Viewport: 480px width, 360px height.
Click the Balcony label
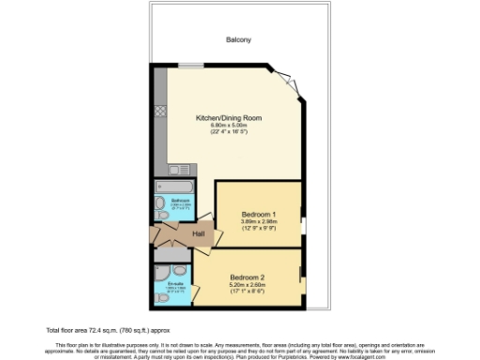click(x=238, y=39)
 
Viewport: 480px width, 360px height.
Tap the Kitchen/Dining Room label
click(x=228, y=117)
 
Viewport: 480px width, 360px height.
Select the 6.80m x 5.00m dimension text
click(x=228, y=125)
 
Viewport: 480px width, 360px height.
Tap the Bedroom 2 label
click(x=247, y=278)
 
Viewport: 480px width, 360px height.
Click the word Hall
click(x=199, y=233)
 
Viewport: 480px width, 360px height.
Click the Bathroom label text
click(x=181, y=201)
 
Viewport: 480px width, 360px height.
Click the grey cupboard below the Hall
click(x=172, y=253)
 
